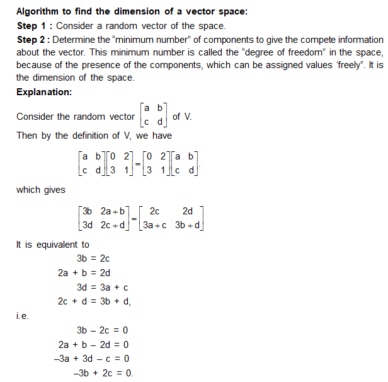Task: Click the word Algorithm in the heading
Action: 40,12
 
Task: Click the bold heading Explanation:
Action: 44,92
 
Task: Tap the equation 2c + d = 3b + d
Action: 94,301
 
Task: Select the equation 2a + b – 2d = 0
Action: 93,345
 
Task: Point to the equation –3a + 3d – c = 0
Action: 93,359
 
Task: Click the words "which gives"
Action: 37,190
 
